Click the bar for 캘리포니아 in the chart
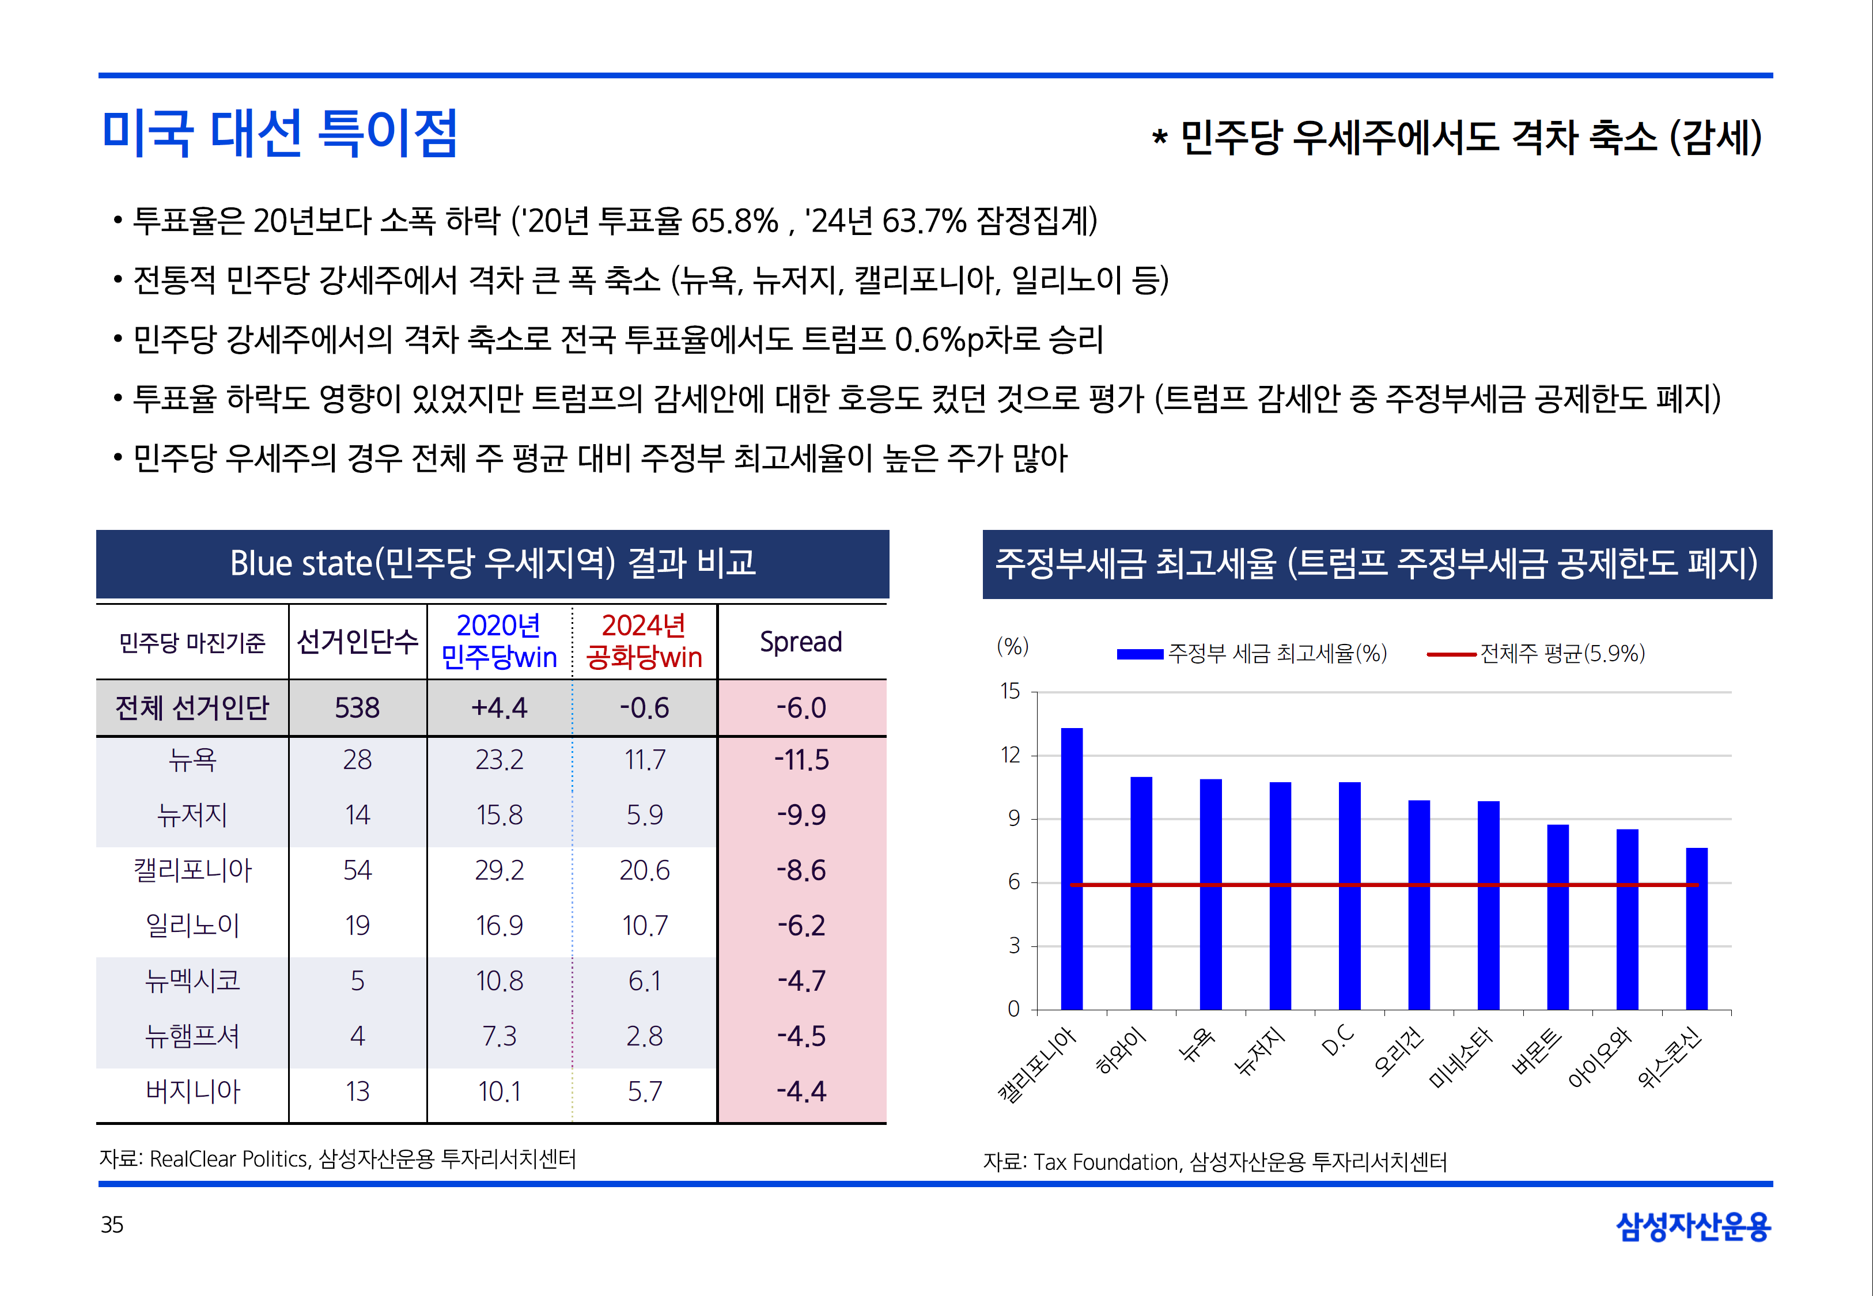point(1072,869)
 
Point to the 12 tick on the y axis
point(1011,755)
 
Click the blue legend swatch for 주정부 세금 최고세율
point(1140,654)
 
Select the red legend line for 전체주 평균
point(1451,654)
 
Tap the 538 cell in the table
point(357,708)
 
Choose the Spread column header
point(801,642)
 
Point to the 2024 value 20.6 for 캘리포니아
point(644,870)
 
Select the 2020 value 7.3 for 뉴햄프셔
point(499,1036)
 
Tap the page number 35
point(112,1225)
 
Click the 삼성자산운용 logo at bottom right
point(1693,1226)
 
